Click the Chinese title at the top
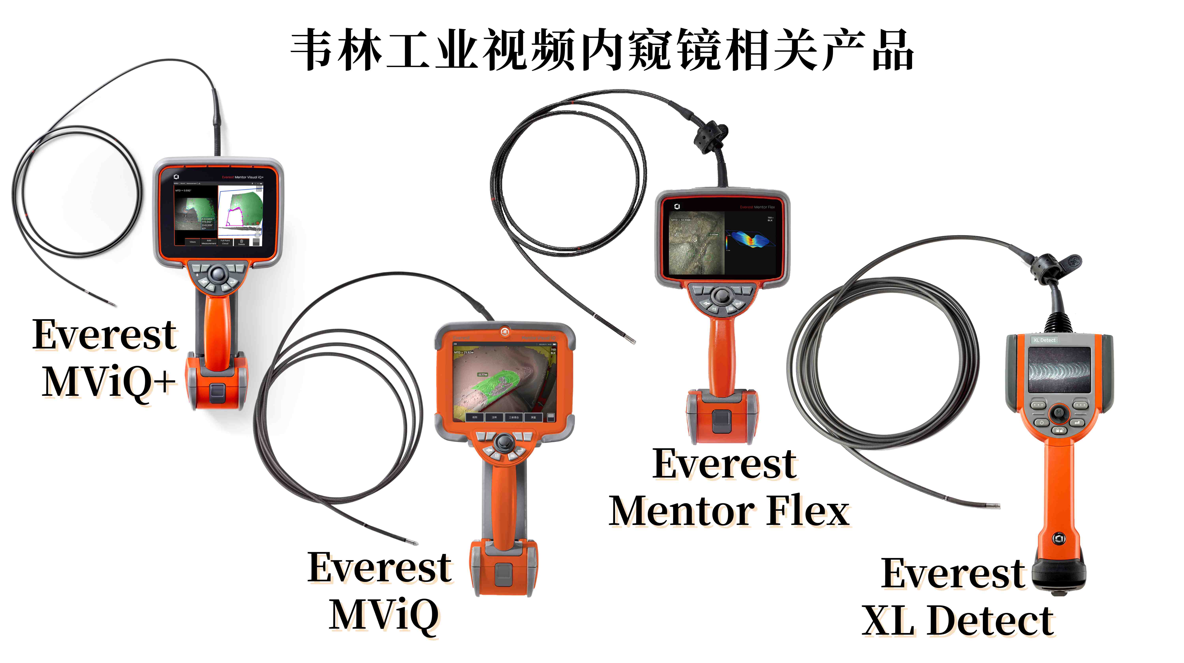602,50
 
